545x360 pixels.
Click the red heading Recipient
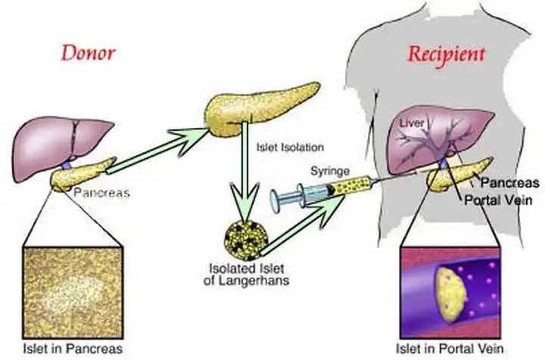(447, 55)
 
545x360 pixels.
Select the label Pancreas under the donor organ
(101, 193)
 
